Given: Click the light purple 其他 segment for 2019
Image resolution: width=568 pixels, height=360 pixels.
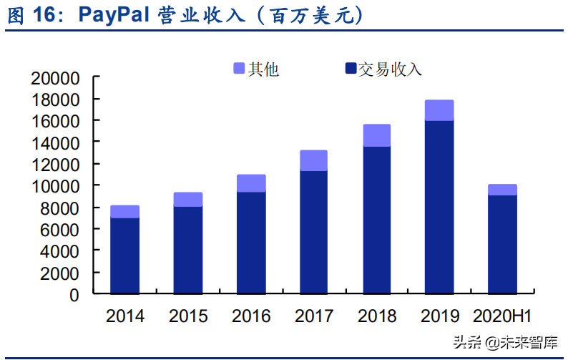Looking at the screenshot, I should [439, 110].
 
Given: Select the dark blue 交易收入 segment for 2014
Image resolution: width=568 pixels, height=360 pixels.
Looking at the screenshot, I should [124, 256].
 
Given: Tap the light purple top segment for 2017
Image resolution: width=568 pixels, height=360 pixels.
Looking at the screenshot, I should [313, 160].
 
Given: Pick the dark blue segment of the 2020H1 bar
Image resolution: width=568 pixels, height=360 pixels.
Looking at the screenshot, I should [502, 244].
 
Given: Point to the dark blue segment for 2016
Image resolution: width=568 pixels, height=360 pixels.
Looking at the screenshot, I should [250, 243].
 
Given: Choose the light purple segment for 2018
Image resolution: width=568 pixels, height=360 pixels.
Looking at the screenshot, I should [376, 135].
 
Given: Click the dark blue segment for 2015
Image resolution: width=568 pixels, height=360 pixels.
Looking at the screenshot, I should [187, 250].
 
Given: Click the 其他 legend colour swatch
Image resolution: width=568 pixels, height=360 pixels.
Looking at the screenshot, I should [239, 69].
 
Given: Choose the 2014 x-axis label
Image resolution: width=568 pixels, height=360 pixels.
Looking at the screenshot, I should [124, 316].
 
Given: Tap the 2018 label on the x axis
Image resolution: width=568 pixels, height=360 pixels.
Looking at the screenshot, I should [376, 316].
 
